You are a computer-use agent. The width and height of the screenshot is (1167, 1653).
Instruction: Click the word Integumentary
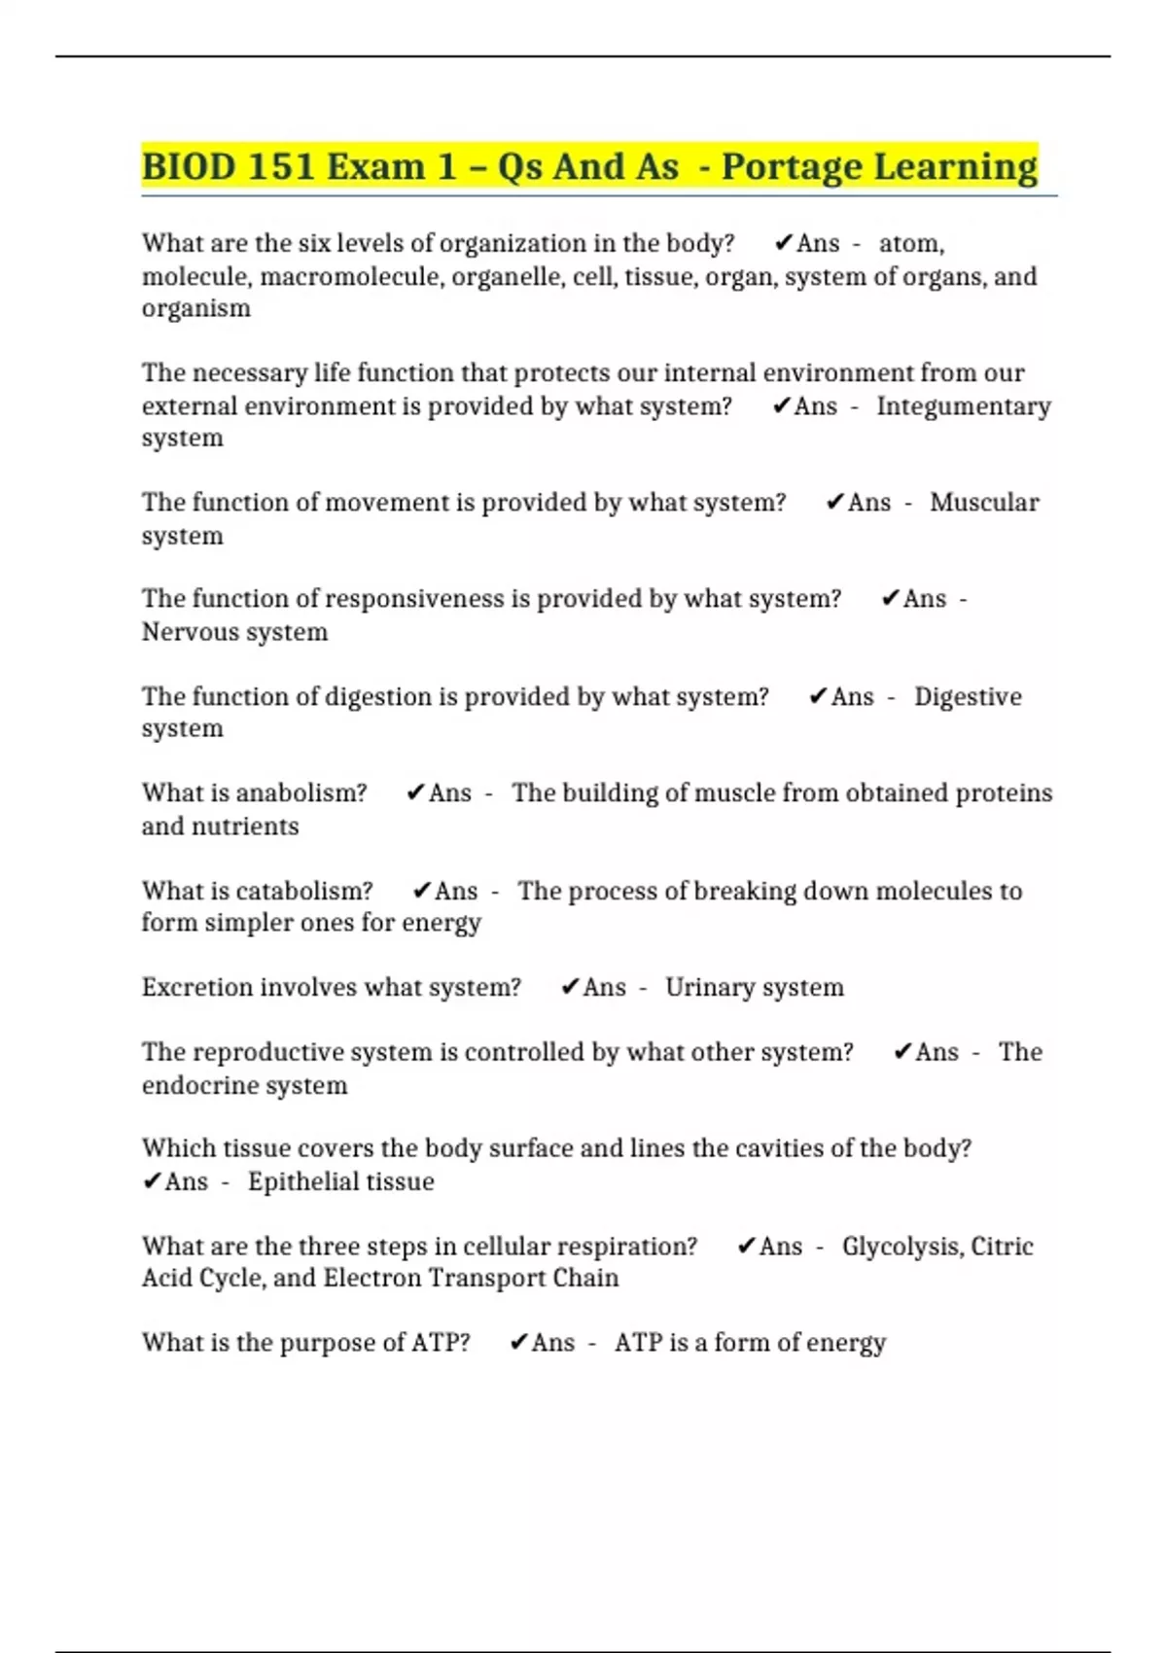[963, 406]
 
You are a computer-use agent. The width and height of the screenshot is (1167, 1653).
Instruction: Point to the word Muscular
[984, 503]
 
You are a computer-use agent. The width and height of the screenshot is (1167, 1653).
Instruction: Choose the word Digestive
[968, 697]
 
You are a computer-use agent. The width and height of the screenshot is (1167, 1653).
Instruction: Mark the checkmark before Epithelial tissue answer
[152, 1181]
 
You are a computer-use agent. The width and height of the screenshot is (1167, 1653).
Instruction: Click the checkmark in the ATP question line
[519, 1343]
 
